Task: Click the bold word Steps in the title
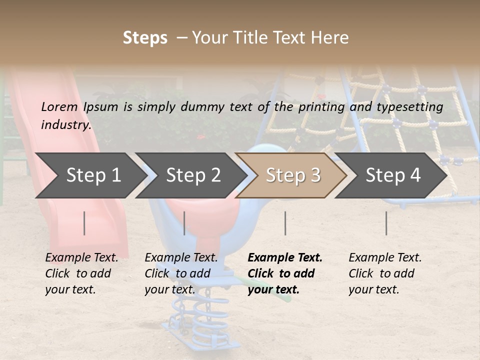(x=145, y=38)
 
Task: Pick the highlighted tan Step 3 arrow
(x=293, y=175)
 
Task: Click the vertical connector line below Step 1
(x=84, y=223)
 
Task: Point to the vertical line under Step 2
(x=184, y=223)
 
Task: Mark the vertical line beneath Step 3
(x=285, y=223)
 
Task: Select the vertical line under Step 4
(x=386, y=223)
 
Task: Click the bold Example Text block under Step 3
(x=285, y=273)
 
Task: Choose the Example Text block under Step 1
(x=81, y=273)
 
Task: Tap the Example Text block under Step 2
(x=181, y=273)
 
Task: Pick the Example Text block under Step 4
(x=385, y=273)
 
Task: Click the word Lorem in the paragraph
(x=59, y=106)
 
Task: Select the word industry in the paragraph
(x=66, y=124)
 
